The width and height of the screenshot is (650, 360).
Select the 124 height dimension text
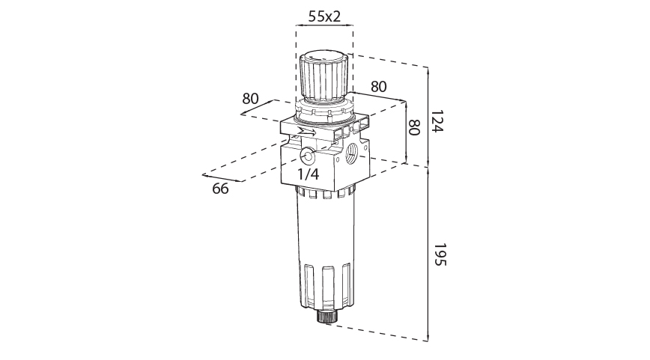pyautogui.click(x=438, y=122)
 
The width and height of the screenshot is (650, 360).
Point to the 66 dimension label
pyautogui.click(x=220, y=189)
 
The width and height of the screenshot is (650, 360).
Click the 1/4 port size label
pyautogui.click(x=309, y=174)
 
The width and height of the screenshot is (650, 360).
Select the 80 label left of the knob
pyautogui.click(x=250, y=99)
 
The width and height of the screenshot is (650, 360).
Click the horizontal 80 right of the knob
pyautogui.click(x=379, y=86)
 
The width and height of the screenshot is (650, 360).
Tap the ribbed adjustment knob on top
pyautogui.click(x=326, y=78)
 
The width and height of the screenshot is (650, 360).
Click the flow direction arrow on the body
pyautogui.click(x=306, y=132)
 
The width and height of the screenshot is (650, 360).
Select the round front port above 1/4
pyautogui.click(x=308, y=156)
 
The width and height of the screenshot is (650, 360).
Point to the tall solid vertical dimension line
pyautogui.click(x=428, y=202)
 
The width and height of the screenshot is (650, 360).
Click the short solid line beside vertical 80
pyautogui.click(x=405, y=132)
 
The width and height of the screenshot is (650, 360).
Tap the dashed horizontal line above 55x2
pyautogui.click(x=324, y=25)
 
